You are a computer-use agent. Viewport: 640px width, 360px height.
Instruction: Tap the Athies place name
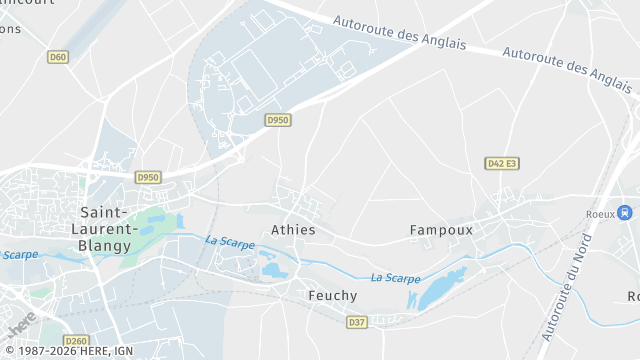293,230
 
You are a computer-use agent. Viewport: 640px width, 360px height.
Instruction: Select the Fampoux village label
441,230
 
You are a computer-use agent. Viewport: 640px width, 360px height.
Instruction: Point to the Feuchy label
333,296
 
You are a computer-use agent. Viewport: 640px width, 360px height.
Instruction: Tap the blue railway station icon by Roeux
625,212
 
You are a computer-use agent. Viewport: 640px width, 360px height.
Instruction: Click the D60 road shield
58,57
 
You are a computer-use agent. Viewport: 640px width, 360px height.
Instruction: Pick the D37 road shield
357,322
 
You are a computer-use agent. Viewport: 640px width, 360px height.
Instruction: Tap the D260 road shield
76,341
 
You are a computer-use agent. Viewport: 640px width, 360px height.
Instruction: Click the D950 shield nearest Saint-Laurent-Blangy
148,177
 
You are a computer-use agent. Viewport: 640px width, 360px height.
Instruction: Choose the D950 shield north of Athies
278,120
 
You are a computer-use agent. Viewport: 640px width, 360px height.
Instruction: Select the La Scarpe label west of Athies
230,242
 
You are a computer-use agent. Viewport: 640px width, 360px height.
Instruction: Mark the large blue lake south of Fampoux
440,289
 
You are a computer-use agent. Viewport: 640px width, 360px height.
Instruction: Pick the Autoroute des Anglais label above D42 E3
567,67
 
